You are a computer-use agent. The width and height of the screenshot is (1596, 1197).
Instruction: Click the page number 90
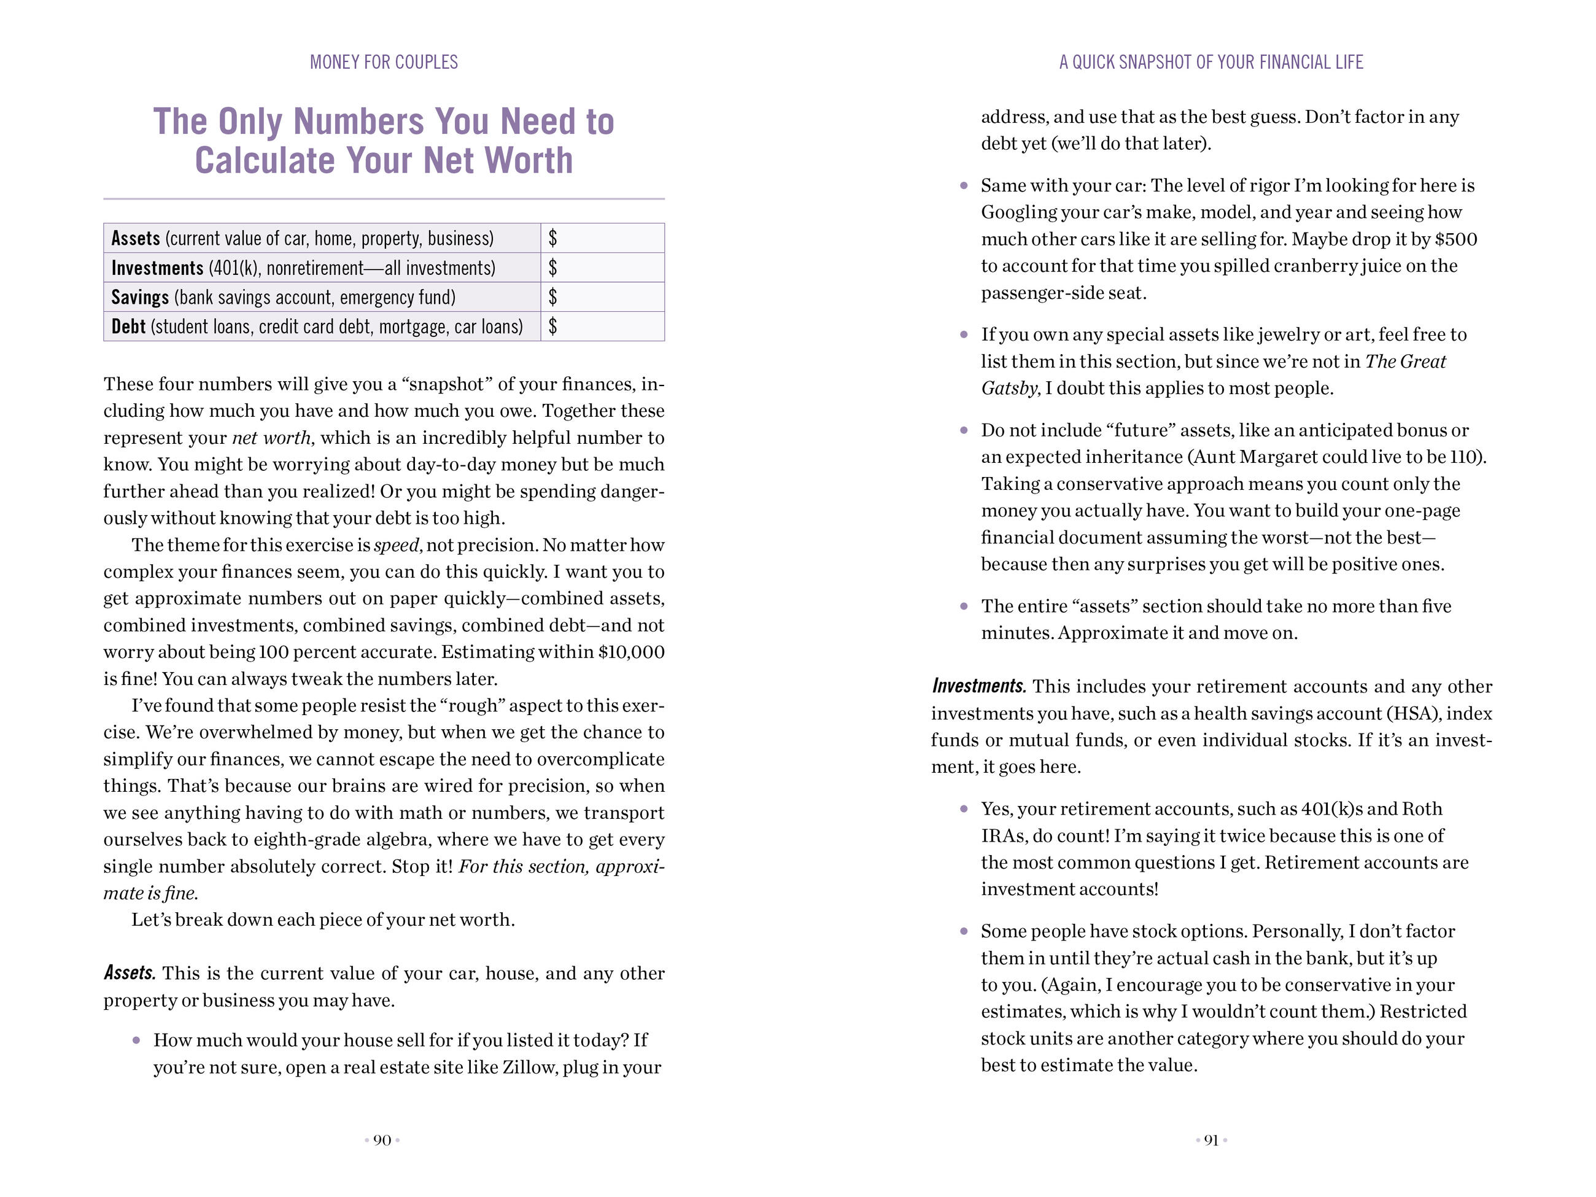[x=382, y=1140]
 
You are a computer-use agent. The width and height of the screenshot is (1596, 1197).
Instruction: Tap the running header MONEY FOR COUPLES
[x=384, y=62]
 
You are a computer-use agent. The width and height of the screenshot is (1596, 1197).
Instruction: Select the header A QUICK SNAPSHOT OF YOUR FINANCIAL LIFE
[x=1211, y=62]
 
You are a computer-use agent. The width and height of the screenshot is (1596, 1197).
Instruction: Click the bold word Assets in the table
[x=136, y=238]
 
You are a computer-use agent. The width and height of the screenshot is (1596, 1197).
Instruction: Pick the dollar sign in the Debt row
[x=552, y=326]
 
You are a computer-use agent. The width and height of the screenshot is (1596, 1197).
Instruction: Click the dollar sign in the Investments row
[x=552, y=268]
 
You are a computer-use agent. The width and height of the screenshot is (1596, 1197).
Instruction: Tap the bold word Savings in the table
[x=140, y=297]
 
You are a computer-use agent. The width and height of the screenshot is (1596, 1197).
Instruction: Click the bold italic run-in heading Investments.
[x=978, y=686]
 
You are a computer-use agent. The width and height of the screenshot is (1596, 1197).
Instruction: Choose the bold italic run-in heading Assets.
[x=129, y=974]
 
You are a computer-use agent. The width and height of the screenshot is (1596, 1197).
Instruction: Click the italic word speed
[x=396, y=544]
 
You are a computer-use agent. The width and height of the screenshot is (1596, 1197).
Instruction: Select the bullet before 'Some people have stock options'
[x=964, y=931]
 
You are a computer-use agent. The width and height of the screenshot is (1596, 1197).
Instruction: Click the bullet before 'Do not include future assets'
[x=964, y=431]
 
